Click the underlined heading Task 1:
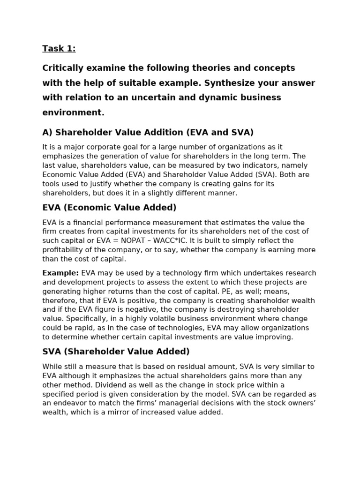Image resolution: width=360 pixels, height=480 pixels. click(59, 48)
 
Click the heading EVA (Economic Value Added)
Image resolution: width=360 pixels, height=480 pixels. click(109, 208)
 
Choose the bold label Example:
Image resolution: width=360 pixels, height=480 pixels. click(60, 273)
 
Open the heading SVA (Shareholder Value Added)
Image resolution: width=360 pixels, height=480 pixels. click(116, 352)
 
